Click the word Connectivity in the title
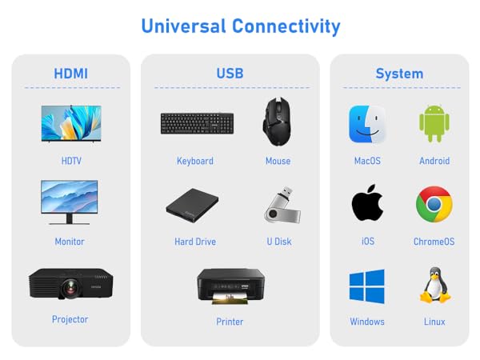(x=286, y=26)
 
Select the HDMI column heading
(x=71, y=74)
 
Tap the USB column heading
(x=230, y=74)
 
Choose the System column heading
(x=399, y=74)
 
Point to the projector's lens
(x=71, y=284)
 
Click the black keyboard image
(x=196, y=123)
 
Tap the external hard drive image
(x=193, y=206)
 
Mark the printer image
(x=230, y=285)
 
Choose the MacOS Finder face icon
(x=367, y=124)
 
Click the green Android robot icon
(x=434, y=124)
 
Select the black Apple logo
(x=367, y=204)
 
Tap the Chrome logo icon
(x=434, y=205)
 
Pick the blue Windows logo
(x=367, y=286)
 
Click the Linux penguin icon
(x=434, y=286)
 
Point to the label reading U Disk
(x=278, y=241)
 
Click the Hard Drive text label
(x=195, y=241)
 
